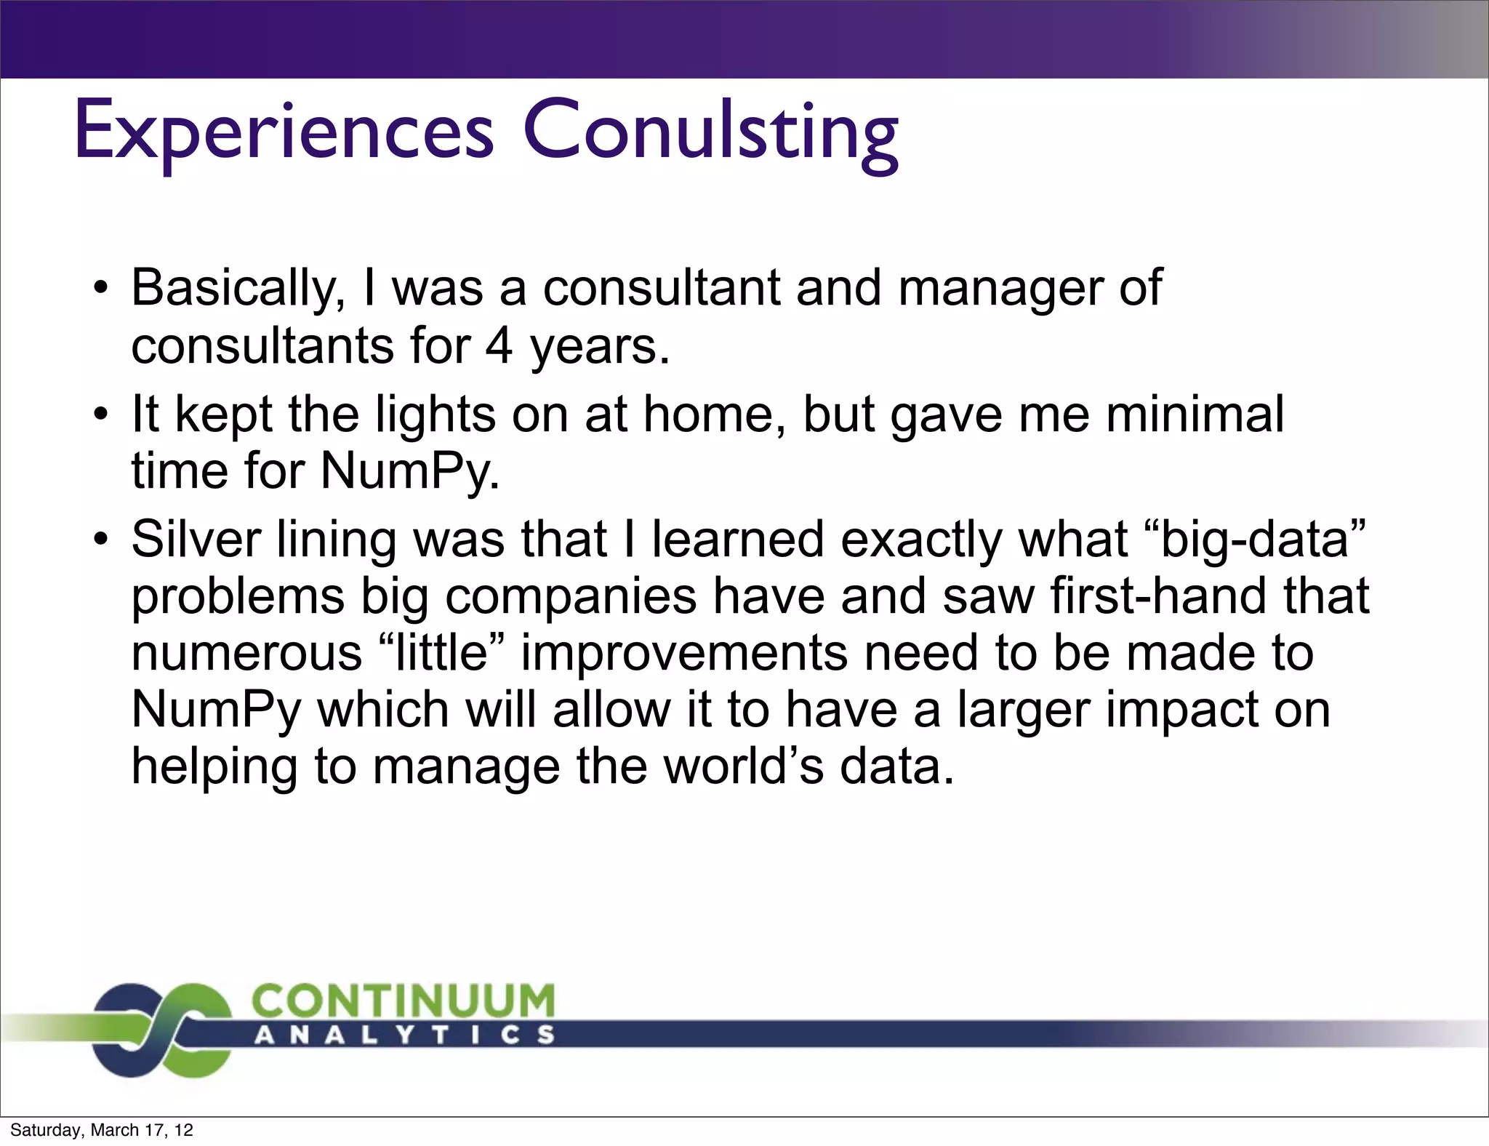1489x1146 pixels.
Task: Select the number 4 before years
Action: pos(499,346)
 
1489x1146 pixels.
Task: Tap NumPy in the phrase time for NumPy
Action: pos(409,472)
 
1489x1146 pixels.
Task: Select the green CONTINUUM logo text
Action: pos(403,1002)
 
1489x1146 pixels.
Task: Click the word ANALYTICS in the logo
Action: pos(404,1035)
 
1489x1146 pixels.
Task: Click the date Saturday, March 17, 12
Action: pos(102,1130)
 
